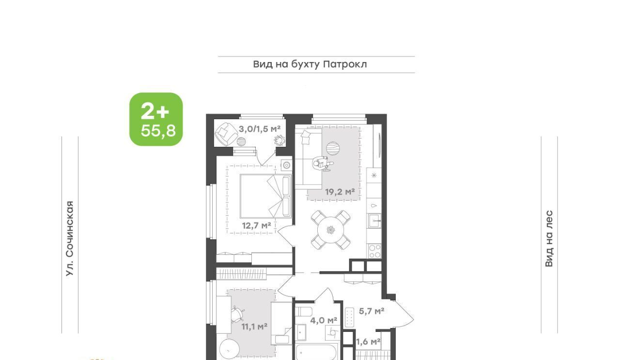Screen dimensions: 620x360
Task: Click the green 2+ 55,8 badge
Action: (x=156, y=119)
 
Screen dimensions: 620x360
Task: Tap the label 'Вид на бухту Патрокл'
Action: (x=310, y=64)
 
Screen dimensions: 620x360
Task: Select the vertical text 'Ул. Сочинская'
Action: (x=70, y=238)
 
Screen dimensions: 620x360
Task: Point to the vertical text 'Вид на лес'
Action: (x=549, y=238)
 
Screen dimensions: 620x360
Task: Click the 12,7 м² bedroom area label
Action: (x=256, y=225)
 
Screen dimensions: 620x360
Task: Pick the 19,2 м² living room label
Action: (x=340, y=192)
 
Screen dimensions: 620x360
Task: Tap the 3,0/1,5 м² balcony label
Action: (x=260, y=129)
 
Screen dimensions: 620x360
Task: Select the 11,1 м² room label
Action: (x=254, y=327)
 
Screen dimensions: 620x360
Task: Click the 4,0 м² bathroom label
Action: (x=324, y=320)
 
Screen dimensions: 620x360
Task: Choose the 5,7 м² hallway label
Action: (x=372, y=311)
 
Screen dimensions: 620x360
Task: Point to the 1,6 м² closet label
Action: (x=368, y=342)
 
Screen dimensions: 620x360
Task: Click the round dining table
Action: (x=330, y=230)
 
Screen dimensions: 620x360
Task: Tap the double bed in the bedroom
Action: (x=266, y=196)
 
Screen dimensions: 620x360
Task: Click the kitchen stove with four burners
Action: (x=374, y=251)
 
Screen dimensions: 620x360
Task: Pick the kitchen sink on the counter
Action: (x=375, y=221)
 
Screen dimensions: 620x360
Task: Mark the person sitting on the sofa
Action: (x=323, y=164)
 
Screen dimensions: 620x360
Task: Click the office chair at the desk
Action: (x=237, y=314)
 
